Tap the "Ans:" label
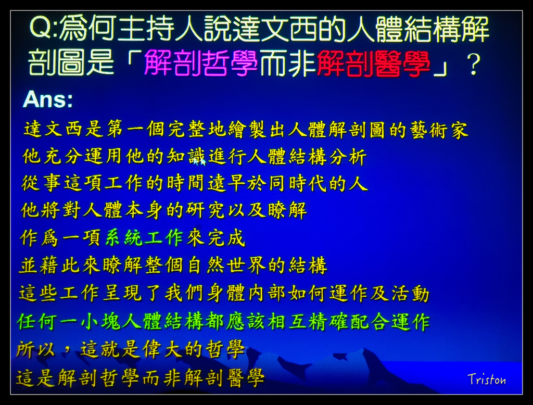tap(47, 99)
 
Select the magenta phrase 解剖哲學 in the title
tap(200, 63)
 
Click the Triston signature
tap(486, 379)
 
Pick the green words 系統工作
tap(144, 238)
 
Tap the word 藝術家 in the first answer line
tap(438, 130)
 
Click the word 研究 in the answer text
tap(214, 210)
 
